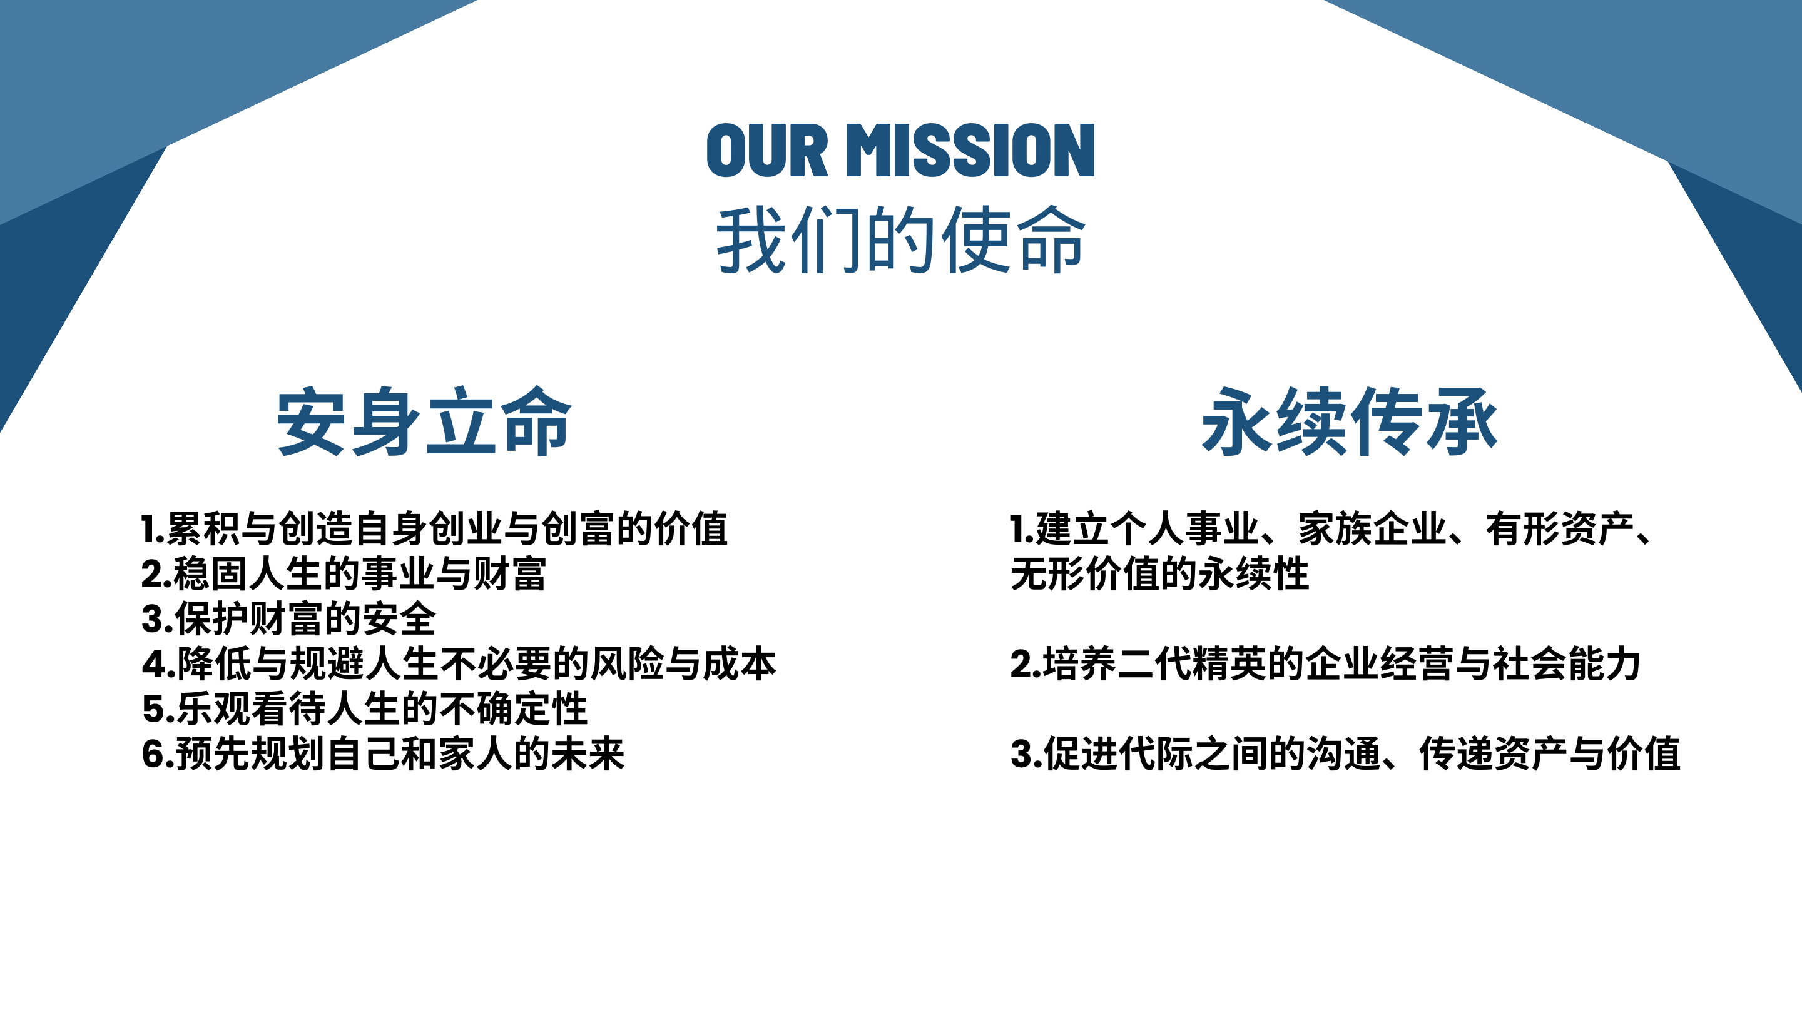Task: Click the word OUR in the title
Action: (766, 149)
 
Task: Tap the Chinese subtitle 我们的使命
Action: (901, 239)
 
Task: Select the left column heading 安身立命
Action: (424, 421)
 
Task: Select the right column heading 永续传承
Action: (1350, 421)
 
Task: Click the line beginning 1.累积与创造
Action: (434, 528)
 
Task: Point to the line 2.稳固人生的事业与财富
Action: (344, 574)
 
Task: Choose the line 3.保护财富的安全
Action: (289, 618)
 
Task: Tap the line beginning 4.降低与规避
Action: (459, 664)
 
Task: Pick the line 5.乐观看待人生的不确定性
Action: (364, 709)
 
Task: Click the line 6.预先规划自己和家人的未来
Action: (383, 754)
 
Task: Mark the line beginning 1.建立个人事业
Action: (1333, 529)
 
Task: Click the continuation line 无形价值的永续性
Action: (1159, 574)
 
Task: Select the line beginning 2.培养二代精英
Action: (1326, 664)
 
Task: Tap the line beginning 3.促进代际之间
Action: (1345, 754)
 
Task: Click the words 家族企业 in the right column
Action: (1372, 529)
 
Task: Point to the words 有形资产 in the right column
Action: (1559, 529)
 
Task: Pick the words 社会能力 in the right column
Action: (1567, 664)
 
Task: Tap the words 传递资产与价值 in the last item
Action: (1549, 754)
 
